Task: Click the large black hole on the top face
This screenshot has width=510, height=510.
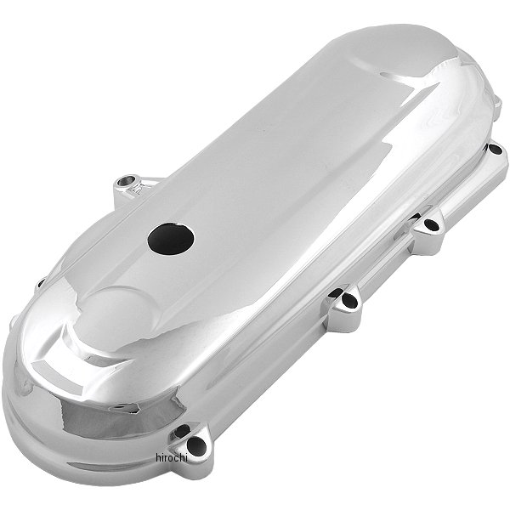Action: [x=171, y=239]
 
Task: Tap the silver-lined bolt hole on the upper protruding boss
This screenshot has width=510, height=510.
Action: [x=125, y=182]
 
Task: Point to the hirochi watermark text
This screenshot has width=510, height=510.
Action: [x=172, y=457]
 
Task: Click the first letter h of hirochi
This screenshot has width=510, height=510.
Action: [x=158, y=457]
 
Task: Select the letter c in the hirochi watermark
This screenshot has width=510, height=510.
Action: [x=178, y=459]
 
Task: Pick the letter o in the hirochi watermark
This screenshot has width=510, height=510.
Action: [x=172, y=459]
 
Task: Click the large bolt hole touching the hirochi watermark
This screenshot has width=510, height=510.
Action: [x=197, y=445]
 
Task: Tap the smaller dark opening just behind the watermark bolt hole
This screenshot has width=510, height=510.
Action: [x=181, y=431]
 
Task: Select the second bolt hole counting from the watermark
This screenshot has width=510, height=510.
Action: [x=349, y=300]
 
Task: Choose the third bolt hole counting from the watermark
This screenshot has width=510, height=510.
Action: [x=432, y=224]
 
